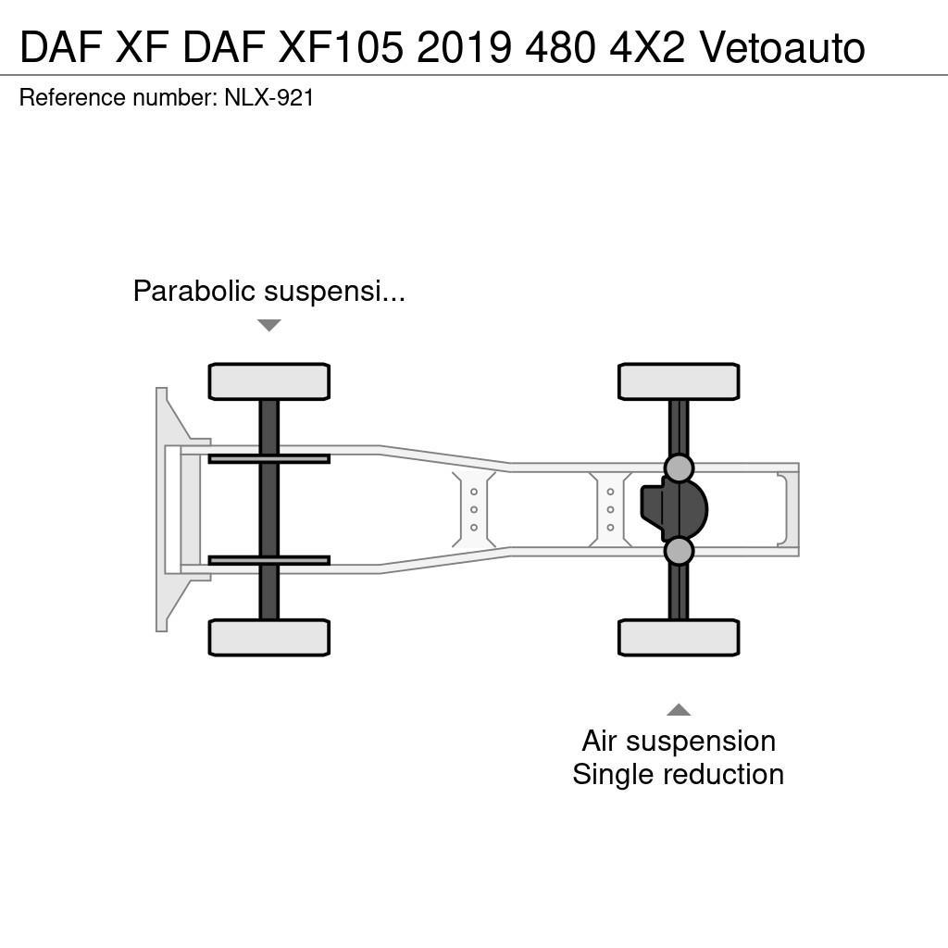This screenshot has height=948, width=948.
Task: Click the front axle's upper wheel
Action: [268, 381]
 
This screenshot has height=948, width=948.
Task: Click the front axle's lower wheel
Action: [268, 637]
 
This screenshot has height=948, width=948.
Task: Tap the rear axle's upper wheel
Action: [678, 381]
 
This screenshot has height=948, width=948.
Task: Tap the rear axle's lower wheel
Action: [678, 637]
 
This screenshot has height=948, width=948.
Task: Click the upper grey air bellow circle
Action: [679, 468]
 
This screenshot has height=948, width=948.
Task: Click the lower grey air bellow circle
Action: [679, 551]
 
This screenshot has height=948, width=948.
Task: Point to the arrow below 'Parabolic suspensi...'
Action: [268, 325]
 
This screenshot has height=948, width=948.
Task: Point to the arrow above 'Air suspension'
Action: [679, 710]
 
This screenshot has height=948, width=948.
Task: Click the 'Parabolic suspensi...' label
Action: [268, 292]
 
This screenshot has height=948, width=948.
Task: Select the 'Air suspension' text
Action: [679, 741]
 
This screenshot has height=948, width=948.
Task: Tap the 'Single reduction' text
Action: [679, 774]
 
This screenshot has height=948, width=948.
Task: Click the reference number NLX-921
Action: [269, 97]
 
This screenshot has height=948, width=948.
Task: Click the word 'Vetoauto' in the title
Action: [782, 48]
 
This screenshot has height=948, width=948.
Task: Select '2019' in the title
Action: [464, 48]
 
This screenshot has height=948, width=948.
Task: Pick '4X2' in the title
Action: [646, 48]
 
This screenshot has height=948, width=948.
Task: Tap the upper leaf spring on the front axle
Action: [268, 458]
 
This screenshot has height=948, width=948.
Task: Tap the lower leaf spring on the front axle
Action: [268, 560]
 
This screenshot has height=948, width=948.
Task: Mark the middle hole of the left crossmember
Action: [474, 509]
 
